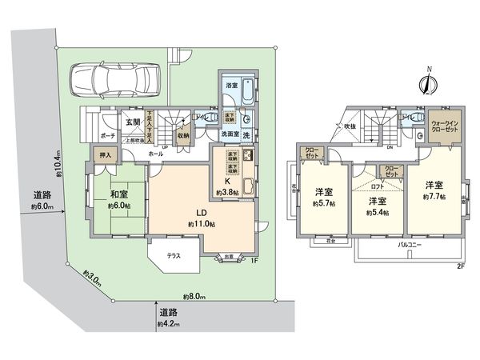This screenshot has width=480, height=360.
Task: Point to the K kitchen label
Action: click(229, 182)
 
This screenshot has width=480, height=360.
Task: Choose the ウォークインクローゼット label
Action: click(445, 124)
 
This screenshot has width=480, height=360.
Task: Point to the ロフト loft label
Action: click(377, 185)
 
